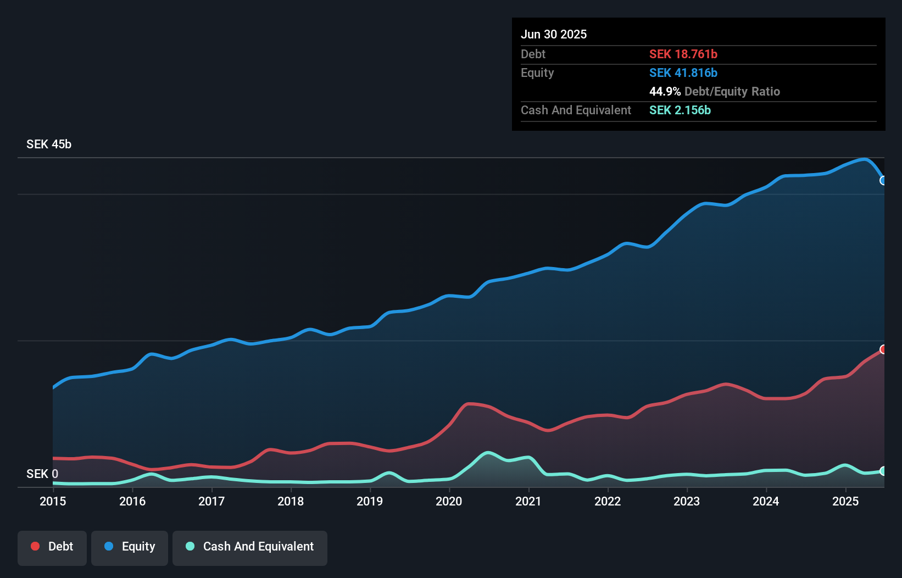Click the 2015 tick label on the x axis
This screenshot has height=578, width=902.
click(53, 501)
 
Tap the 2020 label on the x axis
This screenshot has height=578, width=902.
click(449, 501)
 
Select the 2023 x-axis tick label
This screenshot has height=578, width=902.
click(687, 501)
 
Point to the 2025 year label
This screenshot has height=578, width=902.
click(845, 501)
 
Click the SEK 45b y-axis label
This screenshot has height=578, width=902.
click(49, 144)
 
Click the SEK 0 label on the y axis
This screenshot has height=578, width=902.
click(42, 474)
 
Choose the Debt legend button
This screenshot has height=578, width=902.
click(52, 547)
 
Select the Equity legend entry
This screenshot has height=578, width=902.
click(130, 547)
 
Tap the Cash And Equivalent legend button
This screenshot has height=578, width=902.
click(250, 547)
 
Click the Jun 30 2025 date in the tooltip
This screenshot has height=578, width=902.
click(554, 34)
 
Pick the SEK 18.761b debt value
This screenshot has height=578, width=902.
click(683, 54)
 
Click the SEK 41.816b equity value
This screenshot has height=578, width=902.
click(683, 73)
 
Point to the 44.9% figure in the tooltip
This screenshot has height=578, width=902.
click(665, 91)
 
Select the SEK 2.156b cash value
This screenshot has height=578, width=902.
click(680, 110)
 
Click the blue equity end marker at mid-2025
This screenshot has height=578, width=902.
click(883, 180)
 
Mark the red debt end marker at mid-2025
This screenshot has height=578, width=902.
click(883, 349)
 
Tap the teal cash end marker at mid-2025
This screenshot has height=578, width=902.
click(883, 471)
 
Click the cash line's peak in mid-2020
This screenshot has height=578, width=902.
click(488, 453)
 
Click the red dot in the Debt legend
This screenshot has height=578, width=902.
click(35, 546)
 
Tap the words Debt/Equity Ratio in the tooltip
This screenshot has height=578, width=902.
click(732, 91)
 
